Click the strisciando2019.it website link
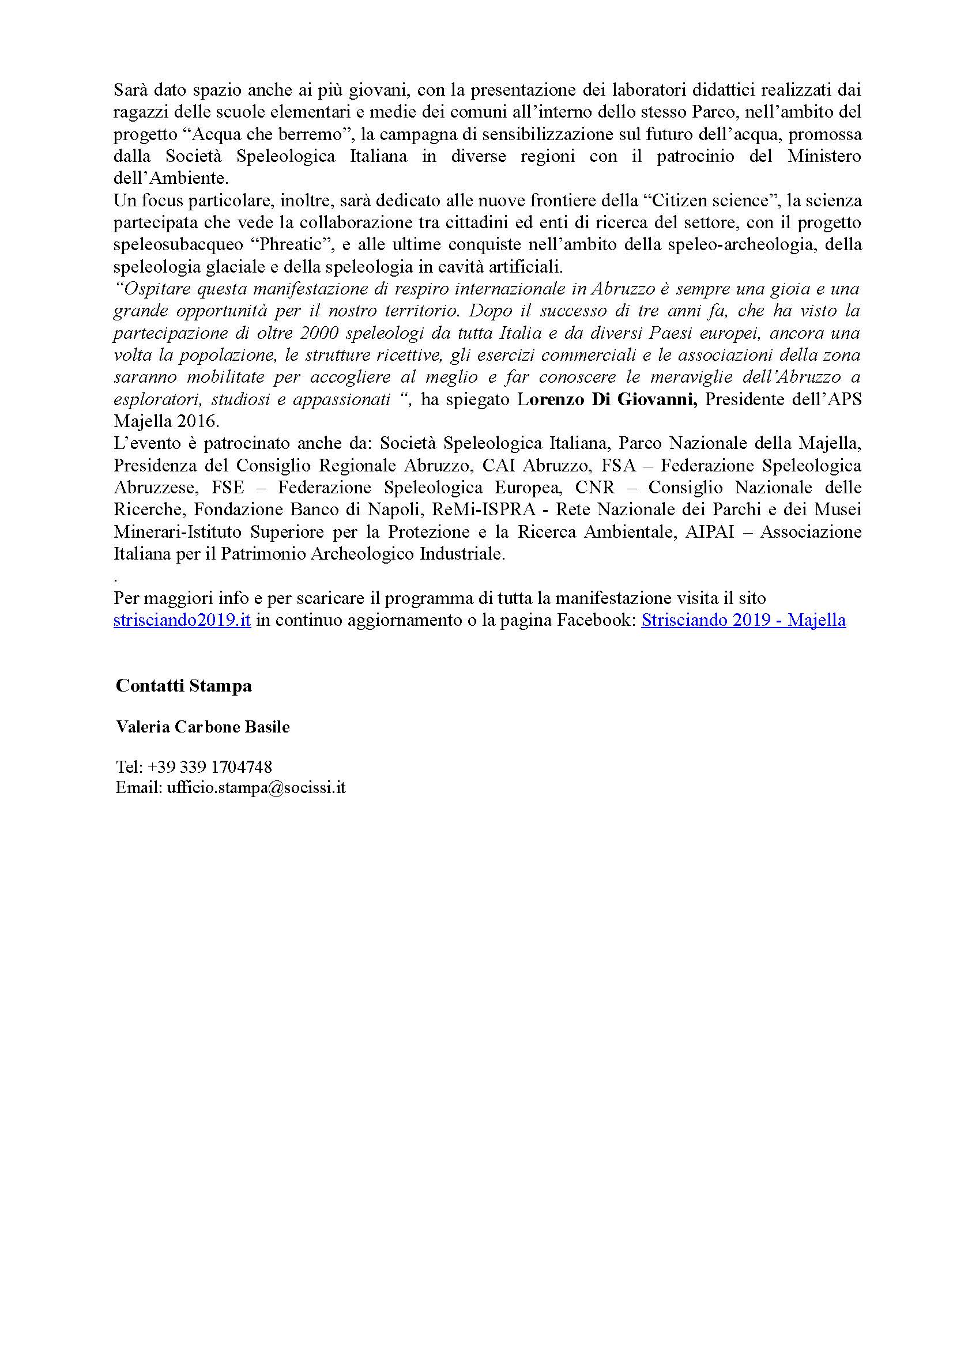pos(182,621)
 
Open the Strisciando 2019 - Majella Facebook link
pos(743,621)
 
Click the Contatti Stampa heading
pos(183,686)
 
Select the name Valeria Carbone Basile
pos(202,727)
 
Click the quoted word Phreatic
pos(300,245)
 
